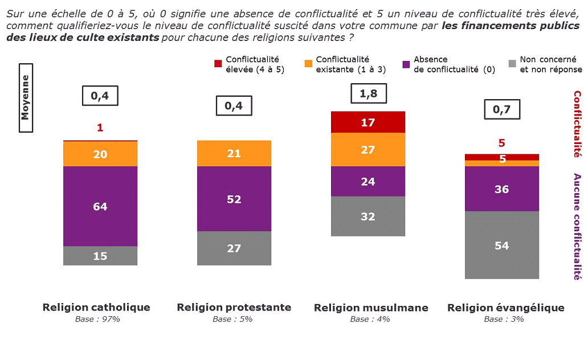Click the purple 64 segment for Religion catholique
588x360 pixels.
coord(100,206)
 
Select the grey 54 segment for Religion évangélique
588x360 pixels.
coord(502,245)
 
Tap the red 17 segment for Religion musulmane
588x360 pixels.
coord(368,122)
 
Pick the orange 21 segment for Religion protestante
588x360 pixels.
coord(234,153)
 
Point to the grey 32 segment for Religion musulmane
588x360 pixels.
coord(368,216)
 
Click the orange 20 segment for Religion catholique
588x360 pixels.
coord(100,154)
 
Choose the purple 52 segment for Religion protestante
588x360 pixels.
coord(234,199)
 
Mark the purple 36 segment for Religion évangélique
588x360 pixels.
coord(502,189)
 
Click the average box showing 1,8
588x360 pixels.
coord(369,93)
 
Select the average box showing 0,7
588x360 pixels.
coord(502,109)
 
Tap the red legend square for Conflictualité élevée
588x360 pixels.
coord(218,64)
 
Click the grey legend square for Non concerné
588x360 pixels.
coord(512,64)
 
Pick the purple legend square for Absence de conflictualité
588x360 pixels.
coord(406,64)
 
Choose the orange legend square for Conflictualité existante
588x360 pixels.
coord(308,64)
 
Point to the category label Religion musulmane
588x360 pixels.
coord(371,308)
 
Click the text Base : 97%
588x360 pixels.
coord(97,319)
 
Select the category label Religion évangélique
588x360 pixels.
coord(505,308)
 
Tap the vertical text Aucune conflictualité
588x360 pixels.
coord(577,227)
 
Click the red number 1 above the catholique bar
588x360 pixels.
coord(100,128)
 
